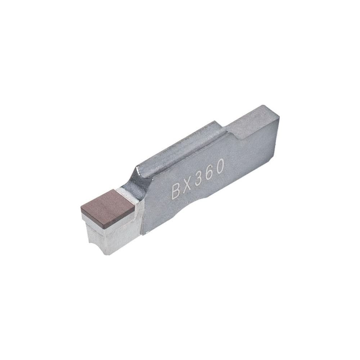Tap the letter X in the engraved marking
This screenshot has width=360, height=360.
189,185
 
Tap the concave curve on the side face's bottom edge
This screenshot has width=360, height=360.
202,200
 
